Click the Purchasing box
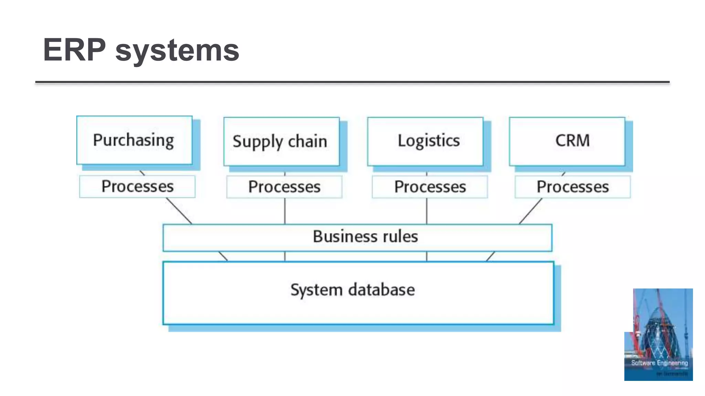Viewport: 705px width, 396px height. coord(134,140)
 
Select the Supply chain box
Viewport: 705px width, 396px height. coord(281,142)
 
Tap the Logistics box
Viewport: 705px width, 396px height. coord(425,141)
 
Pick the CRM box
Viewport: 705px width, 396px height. coord(567,141)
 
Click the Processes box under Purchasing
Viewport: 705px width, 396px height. coord(137,187)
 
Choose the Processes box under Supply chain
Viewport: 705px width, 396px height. coord(284,187)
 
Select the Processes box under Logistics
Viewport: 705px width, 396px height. coord(430,187)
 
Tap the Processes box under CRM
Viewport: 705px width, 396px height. coord(573,187)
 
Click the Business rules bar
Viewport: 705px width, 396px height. coord(357,237)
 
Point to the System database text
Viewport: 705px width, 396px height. coord(352,290)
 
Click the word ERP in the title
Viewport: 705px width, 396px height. coord(74,50)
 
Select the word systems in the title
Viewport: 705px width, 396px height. coord(177,51)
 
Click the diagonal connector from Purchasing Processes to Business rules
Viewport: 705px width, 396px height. coord(179,211)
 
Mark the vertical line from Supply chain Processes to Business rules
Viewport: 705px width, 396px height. coord(285,211)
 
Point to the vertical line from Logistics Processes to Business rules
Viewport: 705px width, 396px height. coord(427,211)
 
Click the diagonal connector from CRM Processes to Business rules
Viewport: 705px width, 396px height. coord(530,211)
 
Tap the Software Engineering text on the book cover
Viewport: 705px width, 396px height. coord(659,363)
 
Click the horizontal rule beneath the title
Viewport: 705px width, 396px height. coord(352,82)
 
